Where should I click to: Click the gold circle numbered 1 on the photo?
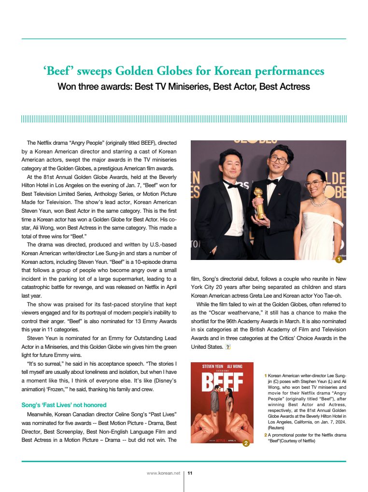(339, 260)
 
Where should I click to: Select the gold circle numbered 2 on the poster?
(246, 443)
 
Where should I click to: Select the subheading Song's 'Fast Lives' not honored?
(64, 405)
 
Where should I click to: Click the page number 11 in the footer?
(190, 473)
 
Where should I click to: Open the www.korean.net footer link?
(163, 473)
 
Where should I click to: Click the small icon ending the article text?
(228, 347)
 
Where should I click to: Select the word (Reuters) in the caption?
(276, 427)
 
